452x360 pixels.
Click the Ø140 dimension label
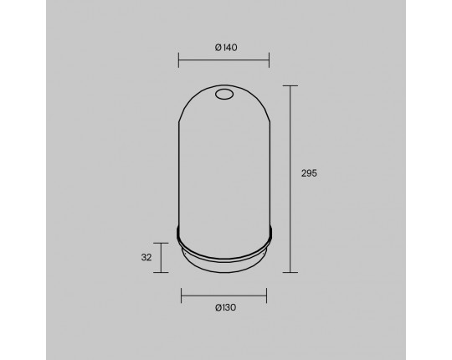click(226, 47)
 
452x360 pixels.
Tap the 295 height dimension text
click(309, 173)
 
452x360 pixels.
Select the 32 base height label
click(146, 257)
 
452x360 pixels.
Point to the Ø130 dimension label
click(225, 307)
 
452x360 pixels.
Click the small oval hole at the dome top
click(224, 94)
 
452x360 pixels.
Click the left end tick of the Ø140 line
click(179, 60)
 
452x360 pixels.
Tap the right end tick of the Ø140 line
click(269, 60)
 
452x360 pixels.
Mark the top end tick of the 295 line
click(290, 86)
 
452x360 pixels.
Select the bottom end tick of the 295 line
click(290, 272)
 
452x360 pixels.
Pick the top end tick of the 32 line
click(161, 243)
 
